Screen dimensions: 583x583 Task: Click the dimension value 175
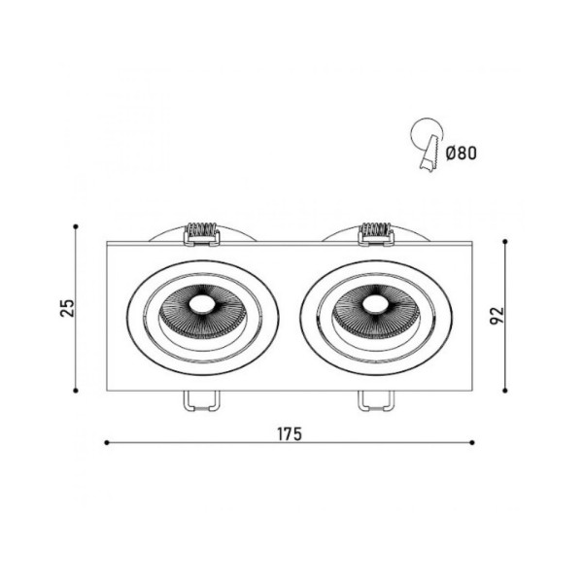(x=289, y=433)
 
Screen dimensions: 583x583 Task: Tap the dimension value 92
(x=497, y=317)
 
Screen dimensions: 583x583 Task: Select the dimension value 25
(x=67, y=308)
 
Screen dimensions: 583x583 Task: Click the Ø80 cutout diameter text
(x=461, y=152)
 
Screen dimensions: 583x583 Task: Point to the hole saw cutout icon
(x=426, y=145)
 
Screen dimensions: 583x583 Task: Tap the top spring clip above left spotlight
(x=201, y=231)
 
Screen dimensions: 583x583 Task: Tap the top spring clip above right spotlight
(x=375, y=231)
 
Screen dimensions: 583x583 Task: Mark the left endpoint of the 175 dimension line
(x=105, y=443)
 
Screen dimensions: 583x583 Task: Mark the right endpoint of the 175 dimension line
(x=473, y=443)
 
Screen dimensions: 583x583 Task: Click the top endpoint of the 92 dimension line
(x=505, y=241)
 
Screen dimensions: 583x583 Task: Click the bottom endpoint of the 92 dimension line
(x=505, y=391)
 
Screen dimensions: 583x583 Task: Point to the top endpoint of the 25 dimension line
(x=76, y=226)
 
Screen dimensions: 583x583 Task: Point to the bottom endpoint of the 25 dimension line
(x=76, y=391)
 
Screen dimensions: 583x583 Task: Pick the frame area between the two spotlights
(x=289, y=316)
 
